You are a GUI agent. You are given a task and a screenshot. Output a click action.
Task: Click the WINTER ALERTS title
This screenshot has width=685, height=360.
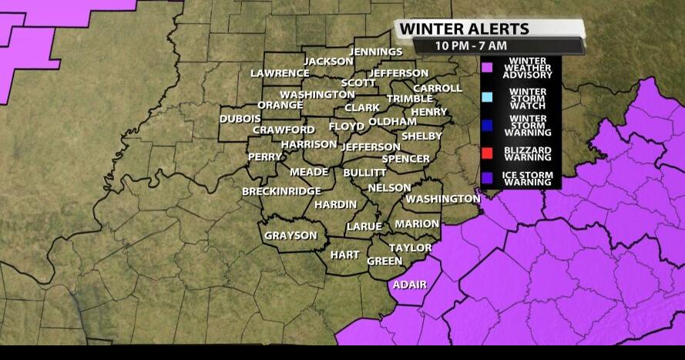point(464,29)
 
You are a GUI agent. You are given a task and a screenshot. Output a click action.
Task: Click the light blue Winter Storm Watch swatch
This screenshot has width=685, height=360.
point(486,96)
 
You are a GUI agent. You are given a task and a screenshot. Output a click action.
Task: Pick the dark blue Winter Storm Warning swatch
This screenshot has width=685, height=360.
point(486,123)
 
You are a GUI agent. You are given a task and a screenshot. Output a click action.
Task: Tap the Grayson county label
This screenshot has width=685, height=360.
point(290,236)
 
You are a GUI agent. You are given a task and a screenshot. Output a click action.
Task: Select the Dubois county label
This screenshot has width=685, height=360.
point(240,119)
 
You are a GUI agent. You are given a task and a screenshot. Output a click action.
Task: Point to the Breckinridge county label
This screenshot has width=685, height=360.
point(281,190)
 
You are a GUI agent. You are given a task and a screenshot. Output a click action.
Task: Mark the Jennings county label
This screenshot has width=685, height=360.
point(376,52)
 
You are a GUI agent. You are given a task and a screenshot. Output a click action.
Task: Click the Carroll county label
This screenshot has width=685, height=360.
point(437,88)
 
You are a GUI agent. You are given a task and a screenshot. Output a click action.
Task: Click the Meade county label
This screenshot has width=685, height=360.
point(309,172)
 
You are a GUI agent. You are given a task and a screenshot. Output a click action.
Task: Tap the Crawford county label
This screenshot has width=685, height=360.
point(284,130)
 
